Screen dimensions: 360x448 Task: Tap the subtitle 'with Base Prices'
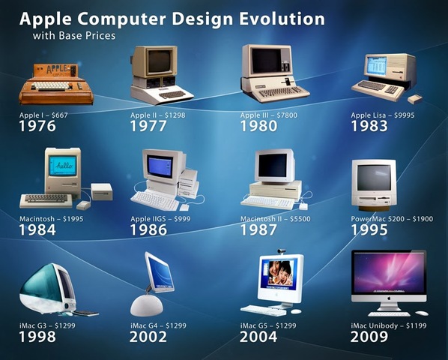pos(74,35)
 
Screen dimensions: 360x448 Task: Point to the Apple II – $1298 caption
pos(158,115)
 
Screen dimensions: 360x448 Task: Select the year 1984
pos(38,229)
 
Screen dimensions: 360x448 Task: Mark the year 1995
pos(369,229)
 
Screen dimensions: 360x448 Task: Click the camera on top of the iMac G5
pos(282,251)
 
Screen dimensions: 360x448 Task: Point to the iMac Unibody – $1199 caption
pos(387,326)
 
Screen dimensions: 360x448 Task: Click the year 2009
pos(369,337)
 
